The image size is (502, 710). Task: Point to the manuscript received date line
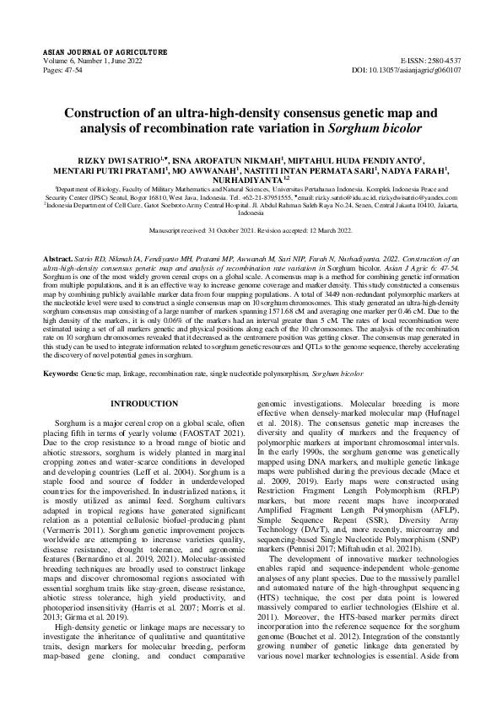(251, 229)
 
